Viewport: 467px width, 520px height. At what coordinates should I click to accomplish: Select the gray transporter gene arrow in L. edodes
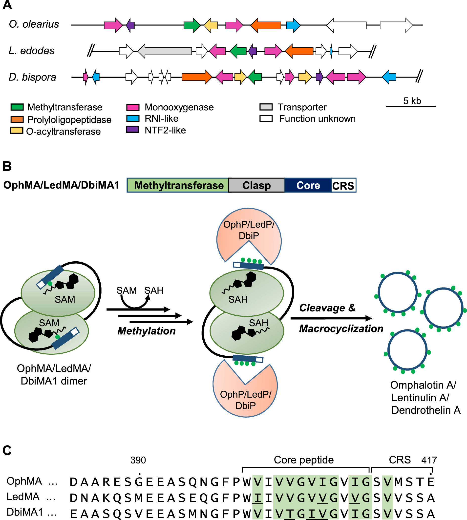point(166,51)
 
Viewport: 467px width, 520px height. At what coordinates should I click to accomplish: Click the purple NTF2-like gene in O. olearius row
point(131,25)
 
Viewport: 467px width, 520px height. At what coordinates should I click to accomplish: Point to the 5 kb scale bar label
point(412,101)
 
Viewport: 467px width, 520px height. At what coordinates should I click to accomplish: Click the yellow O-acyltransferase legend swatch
point(17,131)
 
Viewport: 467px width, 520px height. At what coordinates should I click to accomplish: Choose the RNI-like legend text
point(161,119)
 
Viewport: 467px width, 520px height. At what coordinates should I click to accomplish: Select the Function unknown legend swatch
point(266,119)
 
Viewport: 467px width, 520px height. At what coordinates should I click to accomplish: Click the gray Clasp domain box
point(256,185)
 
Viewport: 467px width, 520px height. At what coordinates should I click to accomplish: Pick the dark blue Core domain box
point(308,185)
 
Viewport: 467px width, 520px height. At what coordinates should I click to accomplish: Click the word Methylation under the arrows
point(147,331)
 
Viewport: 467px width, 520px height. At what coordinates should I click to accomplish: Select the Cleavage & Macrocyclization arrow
point(331,318)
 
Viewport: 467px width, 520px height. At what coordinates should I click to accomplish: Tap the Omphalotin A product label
point(423,385)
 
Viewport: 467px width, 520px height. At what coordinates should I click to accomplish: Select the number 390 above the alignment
point(138,460)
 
